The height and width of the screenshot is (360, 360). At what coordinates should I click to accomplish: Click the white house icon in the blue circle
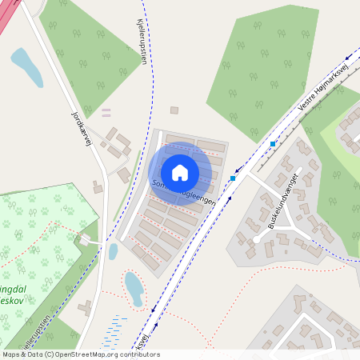[x=180, y=173]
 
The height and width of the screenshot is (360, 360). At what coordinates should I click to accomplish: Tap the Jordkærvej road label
[x=82, y=127]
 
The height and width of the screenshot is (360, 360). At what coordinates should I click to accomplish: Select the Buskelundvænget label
[x=283, y=200]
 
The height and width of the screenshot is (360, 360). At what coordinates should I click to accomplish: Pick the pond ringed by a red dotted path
[x=134, y=288]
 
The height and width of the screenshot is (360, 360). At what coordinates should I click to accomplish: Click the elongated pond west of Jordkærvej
[x=27, y=67]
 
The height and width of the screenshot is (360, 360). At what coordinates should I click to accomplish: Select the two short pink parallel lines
[x=106, y=112]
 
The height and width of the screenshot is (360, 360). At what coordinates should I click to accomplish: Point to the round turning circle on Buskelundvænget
[x=256, y=239]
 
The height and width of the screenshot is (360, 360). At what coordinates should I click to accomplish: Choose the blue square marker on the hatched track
[x=273, y=144]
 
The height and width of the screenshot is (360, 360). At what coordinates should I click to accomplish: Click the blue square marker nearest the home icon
[x=233, y=178]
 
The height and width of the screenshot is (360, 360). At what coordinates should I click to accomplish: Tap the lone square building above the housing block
[x=174, y=110]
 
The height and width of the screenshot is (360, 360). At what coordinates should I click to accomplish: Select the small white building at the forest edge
[x=86, y=240]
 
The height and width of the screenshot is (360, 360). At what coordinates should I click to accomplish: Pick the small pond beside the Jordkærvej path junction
[x=113, y=251]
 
